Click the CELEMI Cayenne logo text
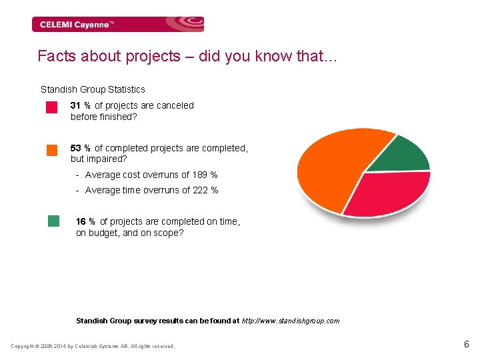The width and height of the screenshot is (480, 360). tap(77, 25)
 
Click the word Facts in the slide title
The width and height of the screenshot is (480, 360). tap(57, 56)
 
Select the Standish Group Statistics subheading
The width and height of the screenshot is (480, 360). tap(93, 89)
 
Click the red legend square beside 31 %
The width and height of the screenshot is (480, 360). tap(51, 107)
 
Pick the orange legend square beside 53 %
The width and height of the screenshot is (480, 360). tap(52, 150)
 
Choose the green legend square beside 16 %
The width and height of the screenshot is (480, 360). tap(54, 221)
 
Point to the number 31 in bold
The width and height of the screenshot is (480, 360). tap(75, 105)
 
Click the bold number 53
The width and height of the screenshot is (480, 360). tap(76, 148)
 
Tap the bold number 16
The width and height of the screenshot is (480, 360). tap(81, 221)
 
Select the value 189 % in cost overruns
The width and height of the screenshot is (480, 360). tap(205, 175)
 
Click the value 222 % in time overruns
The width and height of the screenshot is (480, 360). tap(205, 191)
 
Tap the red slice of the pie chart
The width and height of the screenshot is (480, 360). tap(387, 193)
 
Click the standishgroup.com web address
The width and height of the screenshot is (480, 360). tap(290, 321)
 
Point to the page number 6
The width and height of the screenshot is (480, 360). tap(467, 345)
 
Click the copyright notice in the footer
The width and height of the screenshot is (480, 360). tap(93, 346)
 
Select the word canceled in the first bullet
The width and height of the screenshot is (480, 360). tap(175, 105)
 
